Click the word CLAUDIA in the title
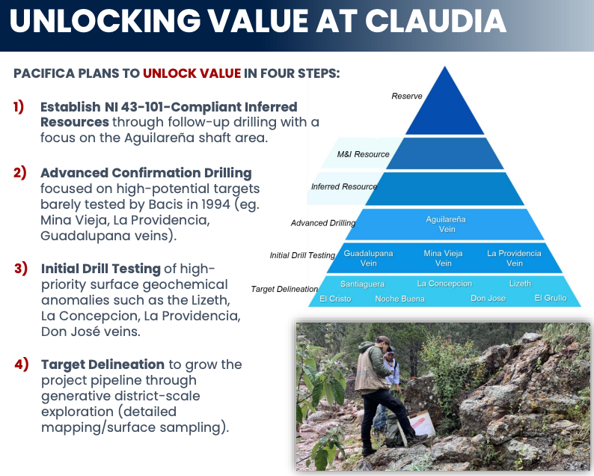435,21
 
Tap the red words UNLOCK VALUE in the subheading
192,73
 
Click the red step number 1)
19,106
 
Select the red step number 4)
21,364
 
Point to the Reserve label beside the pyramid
407,96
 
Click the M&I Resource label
364,154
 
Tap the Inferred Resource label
344,186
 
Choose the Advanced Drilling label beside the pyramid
323,223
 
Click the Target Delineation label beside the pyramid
284,289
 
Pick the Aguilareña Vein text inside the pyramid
446,225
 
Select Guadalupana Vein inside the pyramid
368,258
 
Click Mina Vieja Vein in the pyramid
443,258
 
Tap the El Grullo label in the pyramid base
551,298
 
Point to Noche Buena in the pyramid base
399,299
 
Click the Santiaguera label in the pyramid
362,284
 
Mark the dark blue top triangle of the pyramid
444,110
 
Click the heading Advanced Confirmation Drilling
146,173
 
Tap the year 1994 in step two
215,204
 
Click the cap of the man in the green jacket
383,340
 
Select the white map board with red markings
422,424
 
